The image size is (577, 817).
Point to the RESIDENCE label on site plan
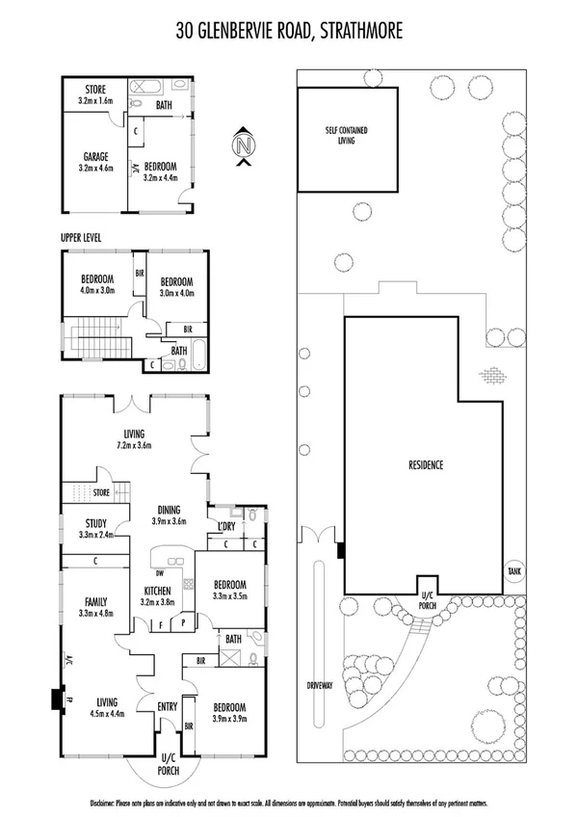point(425,465)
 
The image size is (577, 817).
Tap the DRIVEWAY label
point(320,686)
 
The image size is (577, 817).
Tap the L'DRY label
point(227,526)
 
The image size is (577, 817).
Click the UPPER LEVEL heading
point(81,237)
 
